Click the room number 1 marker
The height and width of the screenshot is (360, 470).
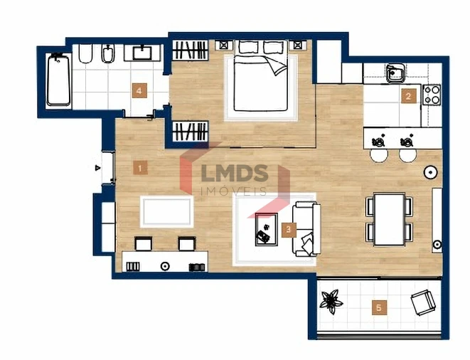pyautogui.click(x=141, y=168)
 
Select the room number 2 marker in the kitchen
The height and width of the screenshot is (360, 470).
pyautogui.click(x=407, y=96)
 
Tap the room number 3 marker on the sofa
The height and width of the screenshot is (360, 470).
pyautogui.click(x=288, y=229)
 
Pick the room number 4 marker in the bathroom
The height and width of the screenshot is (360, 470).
pyautogui.click(x=139, y=90)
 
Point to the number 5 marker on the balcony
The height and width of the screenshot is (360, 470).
pyautogui.click(x=379, y=307)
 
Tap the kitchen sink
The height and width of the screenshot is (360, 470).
pyautogui.click(x=395, y=73)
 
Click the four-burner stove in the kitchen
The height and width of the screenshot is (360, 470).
pyautogui.click(x=432, y=94)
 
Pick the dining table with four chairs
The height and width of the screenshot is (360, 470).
pyautogui.click(x=389, y=218)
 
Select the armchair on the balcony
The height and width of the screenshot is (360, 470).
pyautogui.click(x=423, y=302)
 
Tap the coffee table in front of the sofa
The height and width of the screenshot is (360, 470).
pyautogui.click(x=267, y=228)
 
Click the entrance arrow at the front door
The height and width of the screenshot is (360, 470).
pyautogui.click(x=98, y=169)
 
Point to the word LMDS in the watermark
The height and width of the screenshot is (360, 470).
pyautogui.click(x=235, y=173)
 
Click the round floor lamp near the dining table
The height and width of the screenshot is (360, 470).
pyautogui.click(x=431, y=172)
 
